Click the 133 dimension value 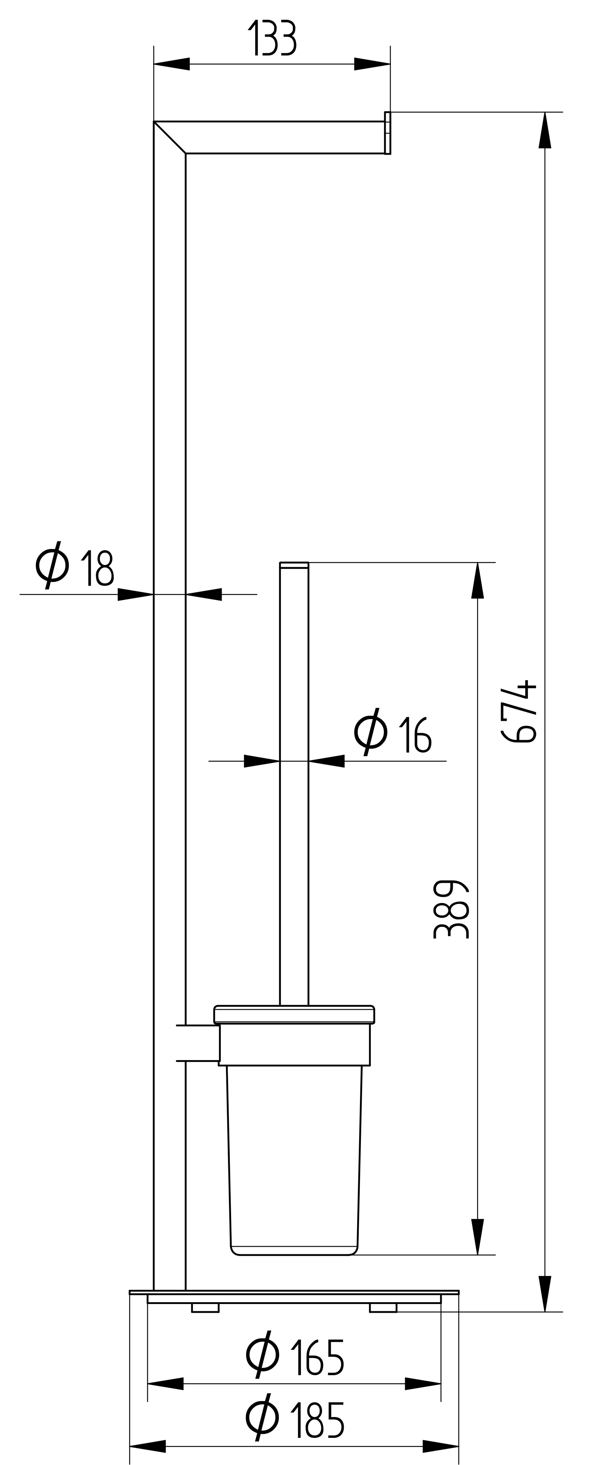tap(272, 38)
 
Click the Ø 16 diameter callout tap(392, 734)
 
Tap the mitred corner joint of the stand tap(170, 138)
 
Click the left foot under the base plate tap(205, 1308)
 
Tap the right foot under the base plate tap(383, 1308)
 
